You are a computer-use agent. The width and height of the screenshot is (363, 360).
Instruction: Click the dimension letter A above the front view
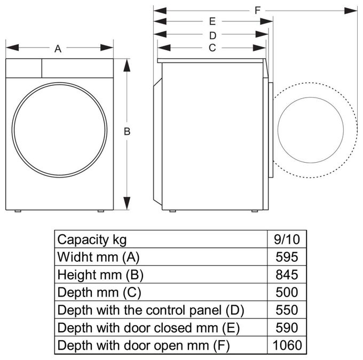pos(58,49)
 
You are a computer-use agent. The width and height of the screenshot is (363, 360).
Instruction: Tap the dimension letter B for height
pos(127,131)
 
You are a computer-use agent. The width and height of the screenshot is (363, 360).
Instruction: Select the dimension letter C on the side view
pos(212,48)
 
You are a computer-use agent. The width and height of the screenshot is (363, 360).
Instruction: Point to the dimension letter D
pos(213,36)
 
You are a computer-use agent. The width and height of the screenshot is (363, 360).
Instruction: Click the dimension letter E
pos(212,21)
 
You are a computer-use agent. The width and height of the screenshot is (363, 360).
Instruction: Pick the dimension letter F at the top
pos(257,11)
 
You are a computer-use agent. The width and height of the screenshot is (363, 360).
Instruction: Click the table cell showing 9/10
pos(287,239)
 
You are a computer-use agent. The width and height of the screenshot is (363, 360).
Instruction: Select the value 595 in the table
pos(287,257)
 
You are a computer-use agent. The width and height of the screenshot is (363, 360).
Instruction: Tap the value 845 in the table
pos(287,275)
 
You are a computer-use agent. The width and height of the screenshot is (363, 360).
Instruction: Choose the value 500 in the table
pos(287,292)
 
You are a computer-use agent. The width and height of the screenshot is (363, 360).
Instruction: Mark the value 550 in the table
pos(287,310)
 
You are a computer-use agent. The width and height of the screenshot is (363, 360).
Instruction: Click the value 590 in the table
pos(287,327)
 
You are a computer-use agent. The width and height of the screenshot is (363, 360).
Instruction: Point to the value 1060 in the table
pos(287,345)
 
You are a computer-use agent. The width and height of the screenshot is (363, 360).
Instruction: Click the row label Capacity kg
pos(92,240)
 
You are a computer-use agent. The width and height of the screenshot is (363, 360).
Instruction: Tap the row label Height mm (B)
pos(100,275)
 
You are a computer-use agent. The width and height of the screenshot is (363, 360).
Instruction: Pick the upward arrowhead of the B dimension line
pos(127,65)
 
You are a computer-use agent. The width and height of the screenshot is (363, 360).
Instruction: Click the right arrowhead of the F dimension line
pos(351,11)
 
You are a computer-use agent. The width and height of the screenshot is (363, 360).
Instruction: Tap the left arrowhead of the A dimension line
pos(12,47)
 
